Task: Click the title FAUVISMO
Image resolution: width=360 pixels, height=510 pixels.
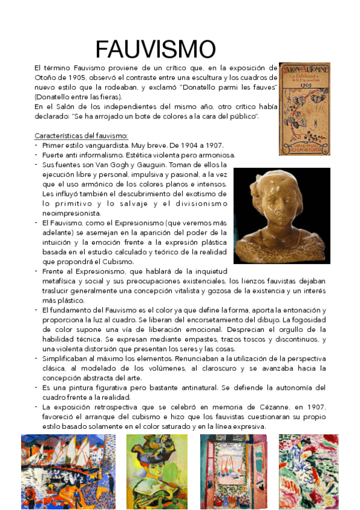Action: point(155,49)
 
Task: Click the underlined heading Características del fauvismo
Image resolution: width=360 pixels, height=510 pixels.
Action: point(81,136)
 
